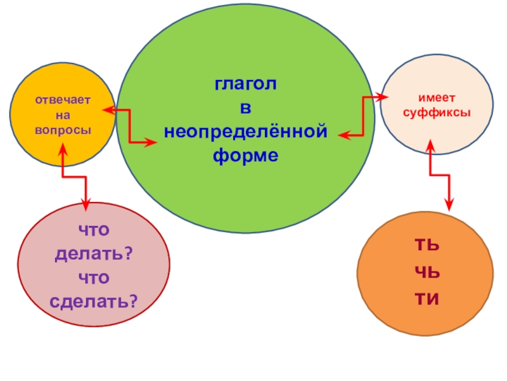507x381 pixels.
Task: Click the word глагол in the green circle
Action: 245,85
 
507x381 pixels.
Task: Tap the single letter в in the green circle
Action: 245,109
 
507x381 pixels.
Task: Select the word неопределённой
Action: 246,131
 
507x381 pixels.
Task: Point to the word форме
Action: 246,155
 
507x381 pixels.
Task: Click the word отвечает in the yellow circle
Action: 63,100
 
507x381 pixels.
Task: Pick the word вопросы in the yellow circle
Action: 63,129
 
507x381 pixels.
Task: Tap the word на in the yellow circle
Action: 63,115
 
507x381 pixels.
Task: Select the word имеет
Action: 435,98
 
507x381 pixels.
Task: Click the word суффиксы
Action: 435,112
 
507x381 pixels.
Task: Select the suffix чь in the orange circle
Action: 427,272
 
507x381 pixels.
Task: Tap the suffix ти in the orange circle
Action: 427,298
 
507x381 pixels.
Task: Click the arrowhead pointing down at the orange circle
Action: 449,204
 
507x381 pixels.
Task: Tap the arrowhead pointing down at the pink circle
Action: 86,203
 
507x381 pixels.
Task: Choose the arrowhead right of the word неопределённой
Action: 343,135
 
